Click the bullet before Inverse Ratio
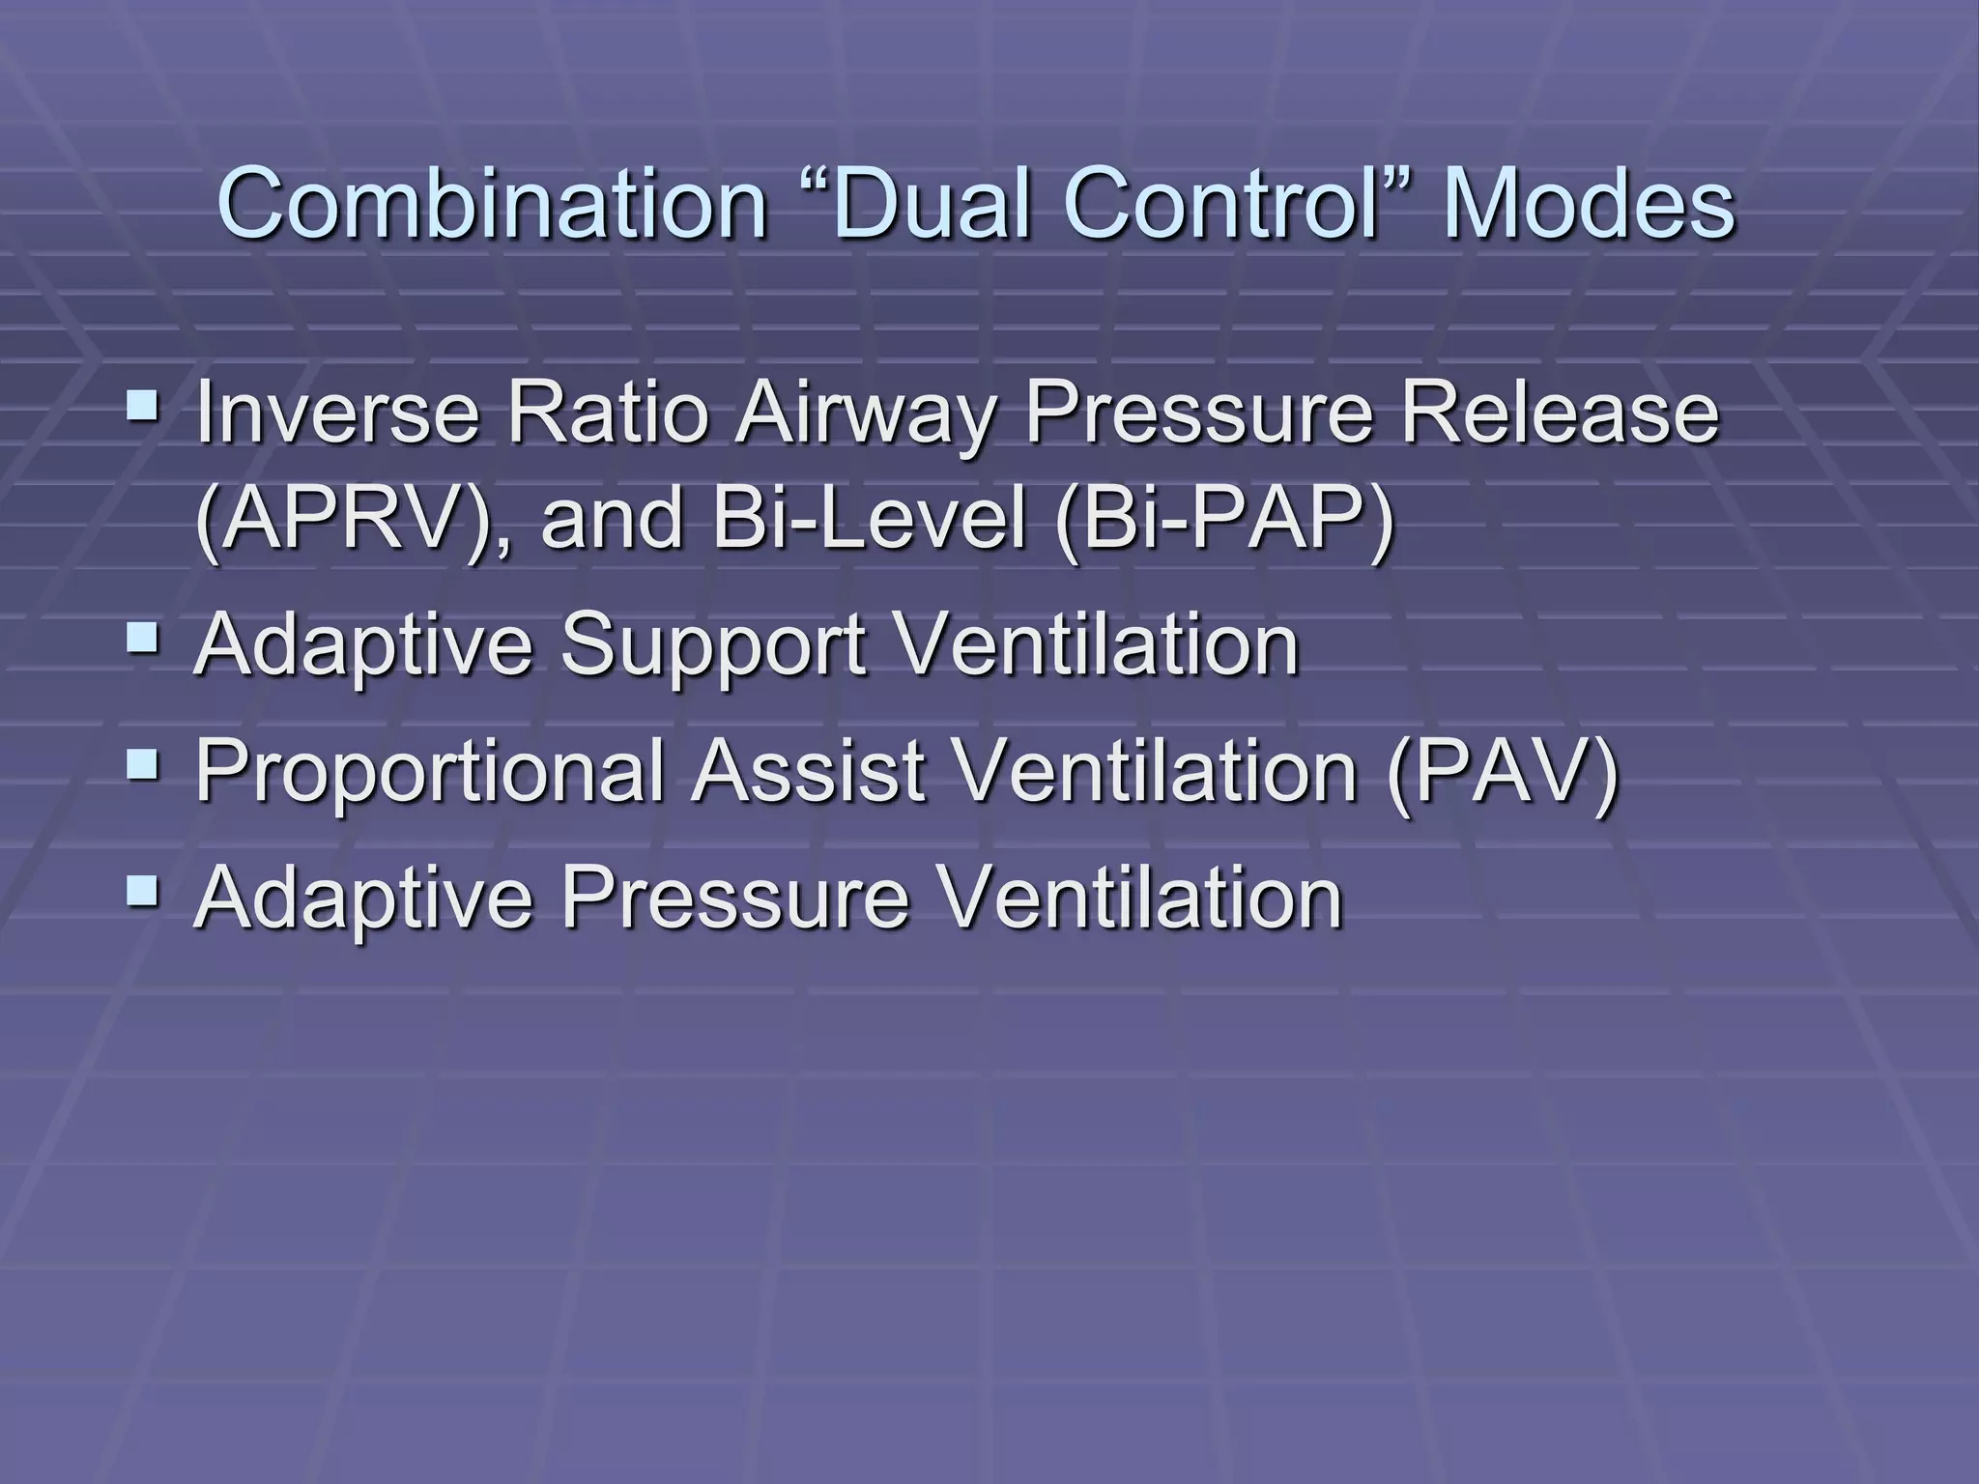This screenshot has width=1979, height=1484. point(144,399)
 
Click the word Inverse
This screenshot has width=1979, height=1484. point(338,413)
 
